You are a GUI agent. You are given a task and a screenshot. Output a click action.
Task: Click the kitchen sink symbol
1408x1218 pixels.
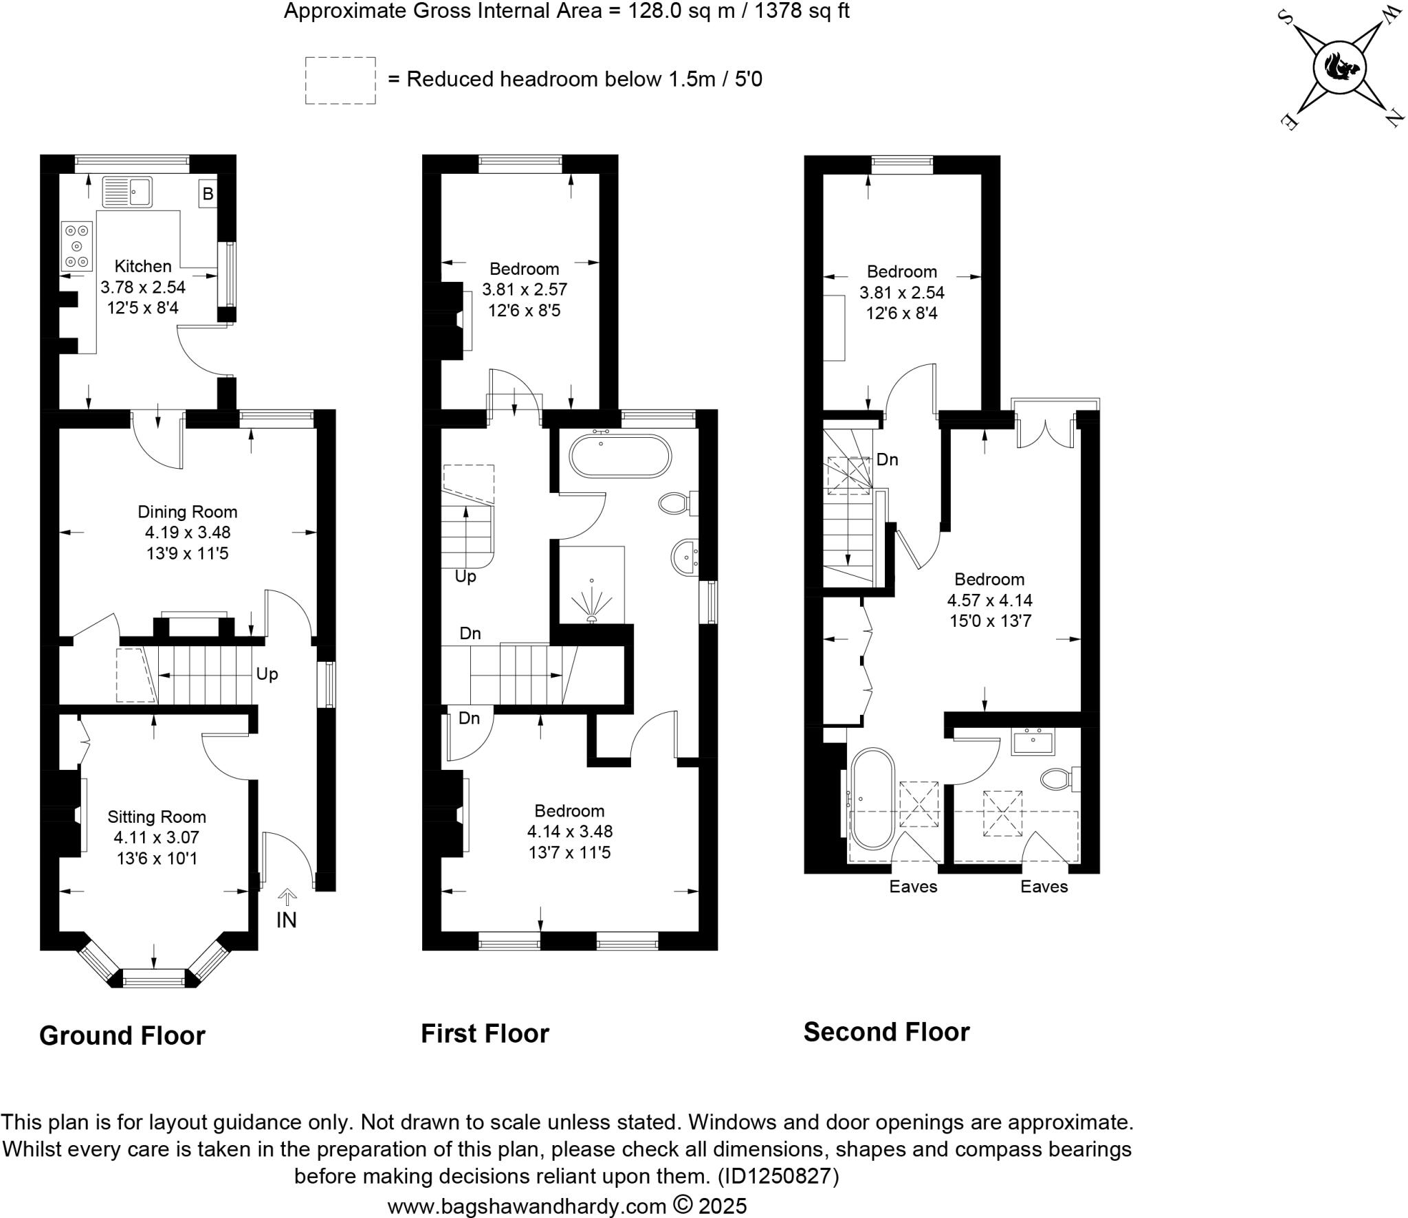(127, 192)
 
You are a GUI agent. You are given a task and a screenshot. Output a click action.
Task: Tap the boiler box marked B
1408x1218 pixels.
(208, 195)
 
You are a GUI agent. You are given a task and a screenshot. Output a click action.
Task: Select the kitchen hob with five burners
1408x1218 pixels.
(77, 245)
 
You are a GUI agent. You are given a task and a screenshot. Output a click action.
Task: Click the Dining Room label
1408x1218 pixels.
(188, 511)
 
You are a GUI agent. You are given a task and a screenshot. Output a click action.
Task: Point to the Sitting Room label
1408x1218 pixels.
(157, 817)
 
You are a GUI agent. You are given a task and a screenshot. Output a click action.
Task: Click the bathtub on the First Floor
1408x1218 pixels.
(619, 456)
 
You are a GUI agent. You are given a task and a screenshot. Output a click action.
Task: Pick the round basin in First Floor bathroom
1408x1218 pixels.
(685, 557)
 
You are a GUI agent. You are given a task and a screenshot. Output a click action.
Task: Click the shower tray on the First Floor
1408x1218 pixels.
(592, 585)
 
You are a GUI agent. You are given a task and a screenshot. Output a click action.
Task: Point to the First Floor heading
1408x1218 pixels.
(485, 1033)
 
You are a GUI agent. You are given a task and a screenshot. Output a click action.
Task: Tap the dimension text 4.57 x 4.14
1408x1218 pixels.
(989, 600)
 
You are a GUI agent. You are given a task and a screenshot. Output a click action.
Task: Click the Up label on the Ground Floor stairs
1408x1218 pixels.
(267, 674)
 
